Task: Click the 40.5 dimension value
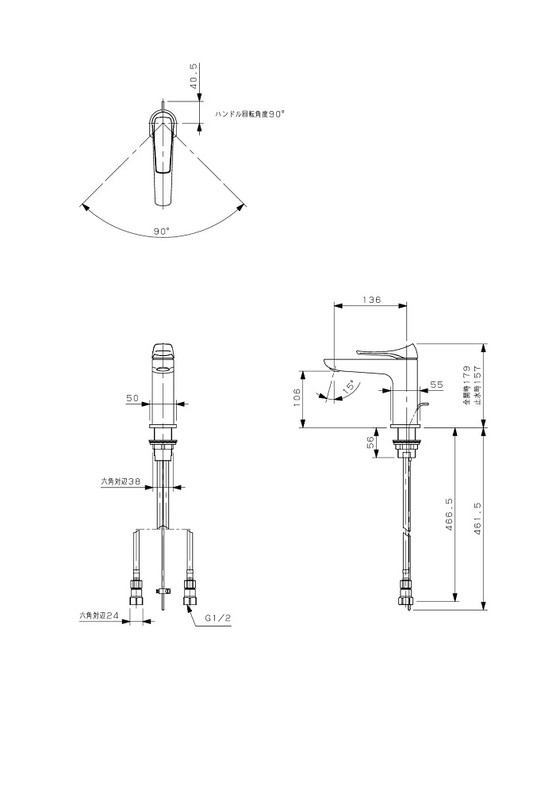[194, 76]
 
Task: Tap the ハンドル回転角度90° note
[249, 115]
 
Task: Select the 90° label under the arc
[161, 231]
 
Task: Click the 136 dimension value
[371, 300]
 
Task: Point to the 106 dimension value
[297, 398]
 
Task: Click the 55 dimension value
[436, 385]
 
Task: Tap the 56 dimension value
[370, 442]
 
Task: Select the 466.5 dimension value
[449, 515]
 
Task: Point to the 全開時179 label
[466, 385]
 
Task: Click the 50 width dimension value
[132, 398]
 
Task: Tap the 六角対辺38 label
[120, 482]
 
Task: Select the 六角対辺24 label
[98, 616]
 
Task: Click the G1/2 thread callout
[217, 618]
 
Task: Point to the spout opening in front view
[163, 369]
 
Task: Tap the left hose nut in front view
[136, 592]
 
